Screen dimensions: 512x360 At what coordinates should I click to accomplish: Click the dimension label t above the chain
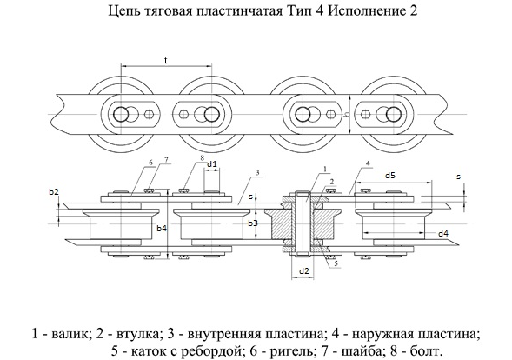[x=166, y=61]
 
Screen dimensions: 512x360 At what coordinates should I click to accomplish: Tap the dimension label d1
[x=212, y=164]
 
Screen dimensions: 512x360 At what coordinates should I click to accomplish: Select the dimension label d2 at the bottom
[x=304, y=270]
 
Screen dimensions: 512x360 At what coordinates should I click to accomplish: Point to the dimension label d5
[x=390, y=175]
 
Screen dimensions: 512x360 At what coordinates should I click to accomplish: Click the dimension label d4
[x=443, y=233]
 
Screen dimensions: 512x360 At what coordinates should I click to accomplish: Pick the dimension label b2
[x=54, y=192]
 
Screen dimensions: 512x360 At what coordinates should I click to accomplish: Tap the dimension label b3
[x=253, y=223]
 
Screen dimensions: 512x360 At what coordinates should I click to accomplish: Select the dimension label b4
[x=162, y=229]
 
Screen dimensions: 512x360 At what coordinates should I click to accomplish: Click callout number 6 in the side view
[x=150, y=163]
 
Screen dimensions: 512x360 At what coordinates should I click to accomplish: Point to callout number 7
[x=166, y=159]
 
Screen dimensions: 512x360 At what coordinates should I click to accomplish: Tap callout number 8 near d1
[x=203, y=157]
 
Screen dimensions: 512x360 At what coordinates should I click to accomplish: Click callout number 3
[x=257, y=173]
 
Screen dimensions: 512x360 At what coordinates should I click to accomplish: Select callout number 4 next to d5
[x=368, y=163]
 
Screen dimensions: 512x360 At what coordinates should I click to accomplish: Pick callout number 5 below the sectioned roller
[x=336, y=263]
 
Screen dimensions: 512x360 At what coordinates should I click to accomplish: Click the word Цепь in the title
[x=121, y=11]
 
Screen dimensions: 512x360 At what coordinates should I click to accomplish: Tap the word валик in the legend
[x=71, y=334]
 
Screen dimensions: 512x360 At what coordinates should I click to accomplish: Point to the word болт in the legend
[x=425, y=351]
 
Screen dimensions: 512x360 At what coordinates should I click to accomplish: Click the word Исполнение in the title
[x=364, y=11]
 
